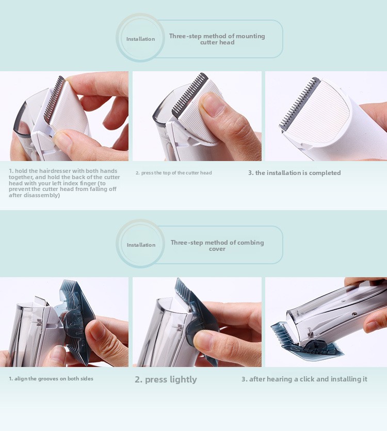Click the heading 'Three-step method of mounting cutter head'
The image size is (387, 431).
[x=217, y=39]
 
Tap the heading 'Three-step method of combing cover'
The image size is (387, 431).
[x=217, y=246]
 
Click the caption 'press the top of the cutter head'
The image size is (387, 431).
[x=174, y=173]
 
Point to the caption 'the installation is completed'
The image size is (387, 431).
[x=294, y=173]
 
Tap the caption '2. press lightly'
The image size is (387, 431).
[x=166, y=379]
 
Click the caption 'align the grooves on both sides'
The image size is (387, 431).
[x=51, y=379]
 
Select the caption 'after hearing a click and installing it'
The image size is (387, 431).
[x=304, y=379]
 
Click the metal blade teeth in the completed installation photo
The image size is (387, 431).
[x=298, y=104]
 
